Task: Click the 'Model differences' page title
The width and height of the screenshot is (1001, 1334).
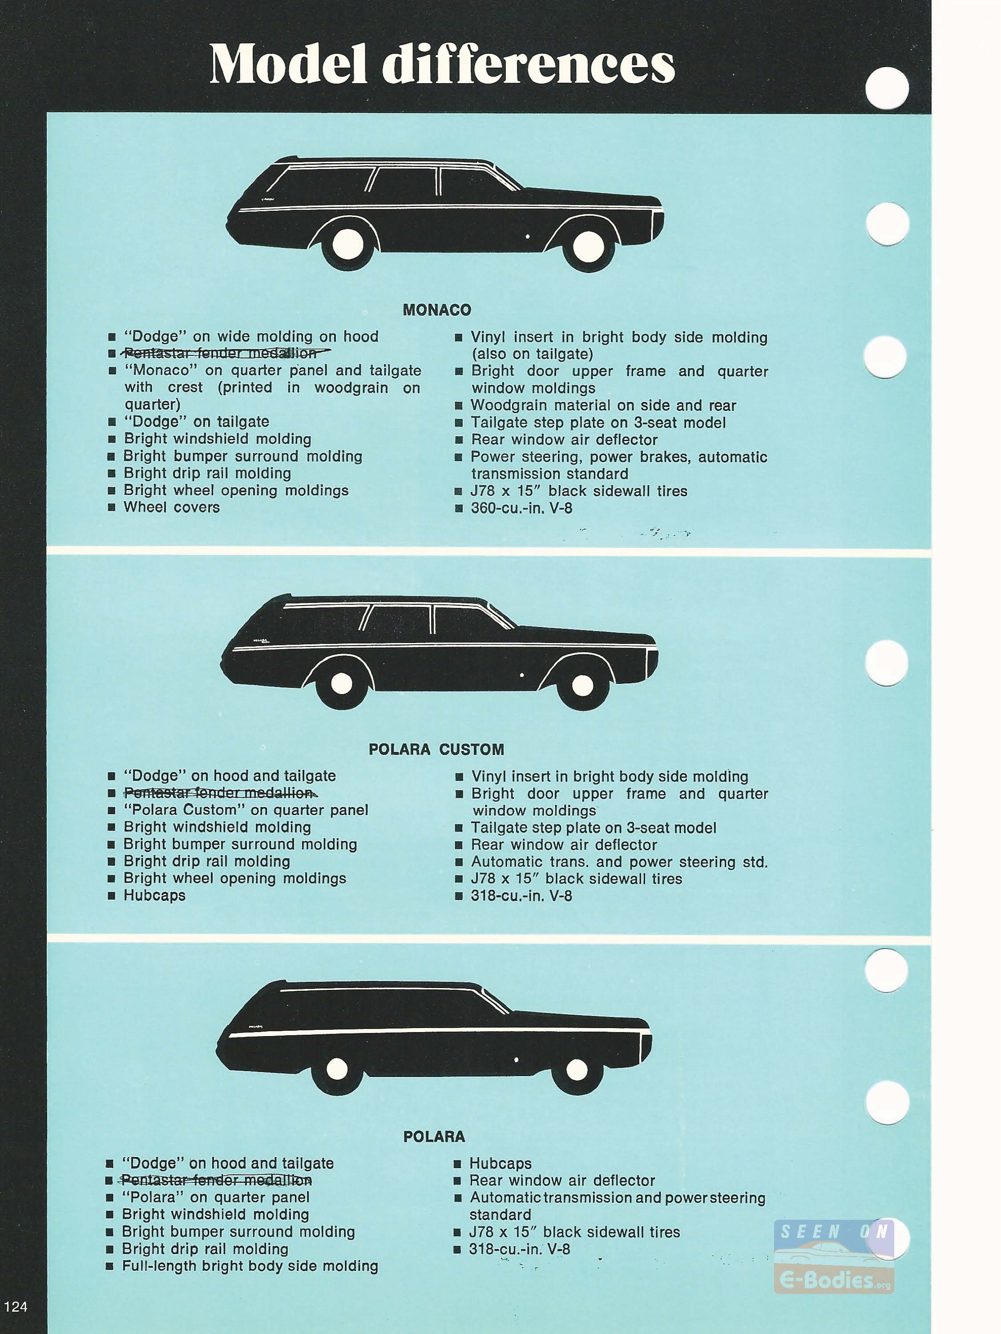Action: tap(442, 64)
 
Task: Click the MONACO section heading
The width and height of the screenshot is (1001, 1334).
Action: tap(437, 310)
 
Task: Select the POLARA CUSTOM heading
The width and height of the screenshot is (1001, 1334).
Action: tap(436, 750)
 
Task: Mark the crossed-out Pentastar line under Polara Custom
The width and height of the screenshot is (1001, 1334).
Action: tap(220, 792)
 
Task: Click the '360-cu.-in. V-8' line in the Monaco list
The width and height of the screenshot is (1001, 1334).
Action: tap(521, 508)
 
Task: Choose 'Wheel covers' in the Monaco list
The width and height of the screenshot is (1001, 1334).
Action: tap(172, 507)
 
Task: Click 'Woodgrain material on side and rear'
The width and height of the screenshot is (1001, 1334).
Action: tap(603, 405)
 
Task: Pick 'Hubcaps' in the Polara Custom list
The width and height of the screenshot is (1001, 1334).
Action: tap(154, 895)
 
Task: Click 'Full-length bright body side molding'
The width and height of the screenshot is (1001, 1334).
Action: tap(250, 1266)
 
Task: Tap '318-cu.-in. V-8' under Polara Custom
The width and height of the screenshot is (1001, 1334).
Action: tap(521, 896)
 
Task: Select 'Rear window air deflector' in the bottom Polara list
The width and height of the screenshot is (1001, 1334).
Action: tap(562, 1180)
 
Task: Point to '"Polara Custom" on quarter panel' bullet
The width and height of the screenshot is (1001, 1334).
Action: tap(246, 810)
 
